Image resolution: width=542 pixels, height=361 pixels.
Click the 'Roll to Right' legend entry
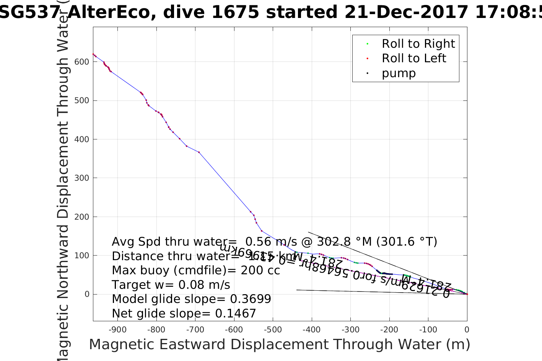tap(418, 44)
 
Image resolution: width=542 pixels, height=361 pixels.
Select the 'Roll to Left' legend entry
tap(414, 58)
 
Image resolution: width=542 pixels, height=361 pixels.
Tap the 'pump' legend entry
tap(399, 73)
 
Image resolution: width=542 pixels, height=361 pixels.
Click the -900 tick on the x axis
tap(117, 330)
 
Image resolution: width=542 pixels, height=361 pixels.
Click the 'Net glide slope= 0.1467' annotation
tap(184, 314)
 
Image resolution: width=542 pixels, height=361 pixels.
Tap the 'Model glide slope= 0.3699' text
tap(191, 299)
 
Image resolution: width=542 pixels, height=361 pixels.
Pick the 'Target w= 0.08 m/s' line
tap(171, 285)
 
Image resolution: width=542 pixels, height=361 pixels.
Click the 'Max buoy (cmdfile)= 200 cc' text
tap(196, 270)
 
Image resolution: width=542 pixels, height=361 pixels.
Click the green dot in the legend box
tap(367, 44)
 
